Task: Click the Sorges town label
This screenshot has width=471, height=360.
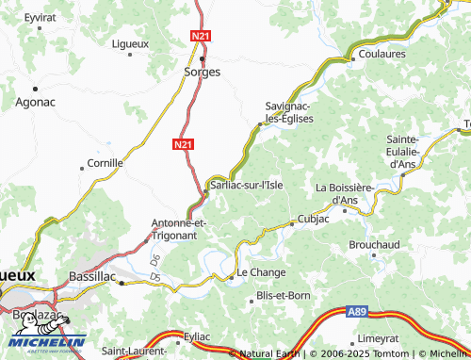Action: click(x=203, y=72)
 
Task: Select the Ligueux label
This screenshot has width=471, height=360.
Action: click(x=130, y=44)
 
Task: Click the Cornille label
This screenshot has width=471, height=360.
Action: click(x=106, y=163)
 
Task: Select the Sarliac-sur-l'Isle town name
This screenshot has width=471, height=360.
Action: click(x=246, y=186)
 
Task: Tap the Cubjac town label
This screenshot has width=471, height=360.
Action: click(x=313, y=219)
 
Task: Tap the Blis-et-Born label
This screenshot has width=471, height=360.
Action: click(x=283, y=296)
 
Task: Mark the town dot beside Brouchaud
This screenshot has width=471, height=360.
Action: click(x=374, y=254)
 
